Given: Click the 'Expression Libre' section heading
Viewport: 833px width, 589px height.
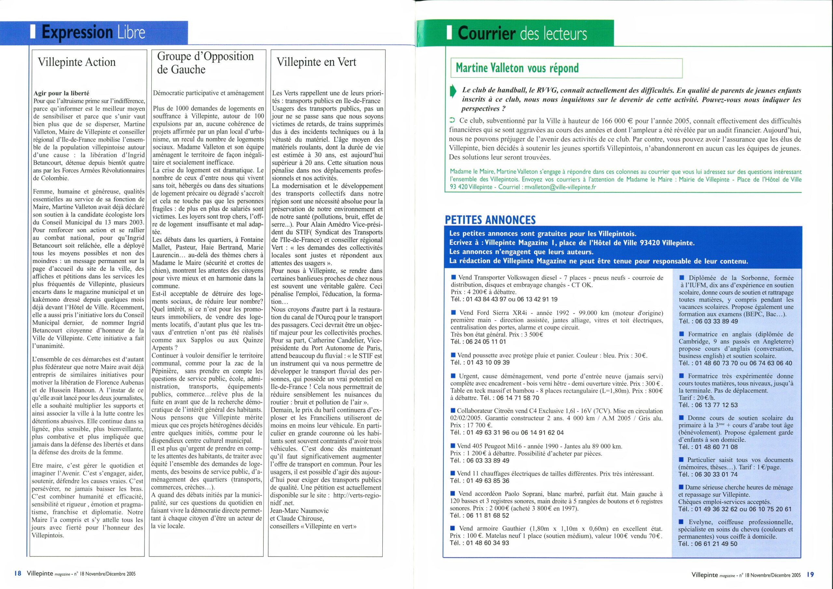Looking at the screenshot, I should pyautogui.click(x=93, y=33).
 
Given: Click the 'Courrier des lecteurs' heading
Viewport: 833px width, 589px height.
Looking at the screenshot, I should pyautogui.click(x=522, y=34).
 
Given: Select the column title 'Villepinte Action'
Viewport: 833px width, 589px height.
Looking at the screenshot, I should pyautogui.click(x=76, y=62).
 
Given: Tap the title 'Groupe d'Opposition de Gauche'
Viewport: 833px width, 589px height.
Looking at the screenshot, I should pyautogui.click(x=205, y=62).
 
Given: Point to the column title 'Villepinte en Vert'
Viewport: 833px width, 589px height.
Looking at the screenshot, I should pyautogui.click(x=316, y=62).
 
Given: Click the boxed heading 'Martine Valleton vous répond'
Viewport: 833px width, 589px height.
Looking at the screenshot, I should pyautogui.click(x=517, y=68).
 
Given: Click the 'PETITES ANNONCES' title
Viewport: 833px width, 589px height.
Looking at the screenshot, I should pyautogui.click(x=490, y=220).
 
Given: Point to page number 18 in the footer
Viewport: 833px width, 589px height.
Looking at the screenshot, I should pyautogui.click(x=18, y=574).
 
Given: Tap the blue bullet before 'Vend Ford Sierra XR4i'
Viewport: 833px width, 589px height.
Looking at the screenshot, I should pyautogui.click(x=454, y=312).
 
